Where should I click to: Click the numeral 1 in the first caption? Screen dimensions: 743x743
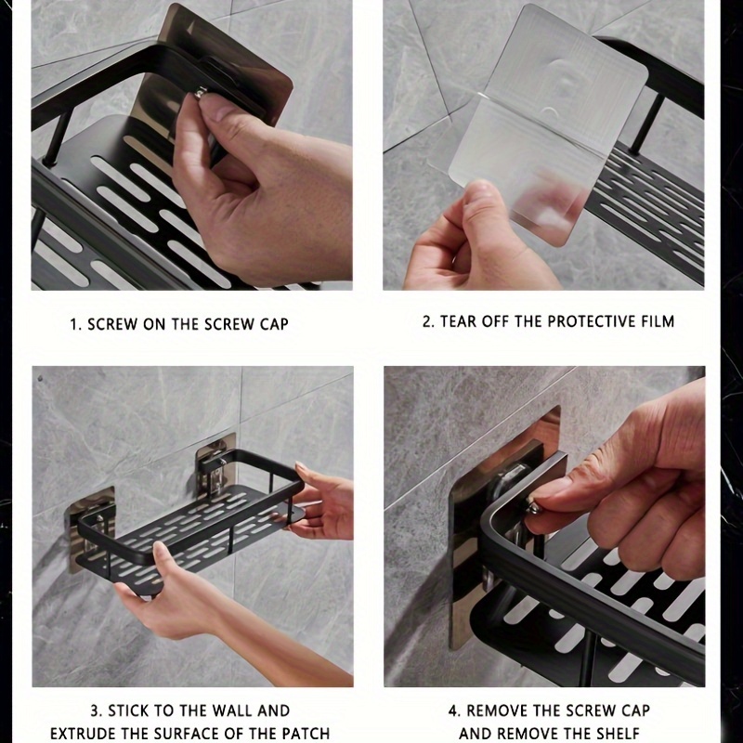73,324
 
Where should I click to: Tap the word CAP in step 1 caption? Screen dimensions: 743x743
274,324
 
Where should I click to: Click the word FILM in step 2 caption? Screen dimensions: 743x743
658,321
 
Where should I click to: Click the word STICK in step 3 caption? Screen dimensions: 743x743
128,710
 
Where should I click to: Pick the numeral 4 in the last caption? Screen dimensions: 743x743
453,710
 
